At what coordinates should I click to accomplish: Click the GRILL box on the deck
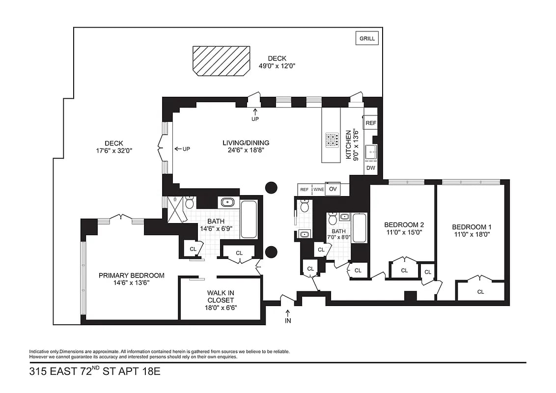click(367, 38)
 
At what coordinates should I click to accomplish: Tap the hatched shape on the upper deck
click(221, 61)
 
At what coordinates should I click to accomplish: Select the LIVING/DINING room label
click(246, 143)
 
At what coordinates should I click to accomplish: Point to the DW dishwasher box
click(371, 168)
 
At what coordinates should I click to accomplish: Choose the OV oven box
click(334, 189)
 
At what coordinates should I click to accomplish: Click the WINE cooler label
click(318, 189)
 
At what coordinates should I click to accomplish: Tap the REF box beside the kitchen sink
click(371, 123)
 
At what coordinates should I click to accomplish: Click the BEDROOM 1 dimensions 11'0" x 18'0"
click(472, 234)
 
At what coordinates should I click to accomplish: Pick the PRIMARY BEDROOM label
click(131, 275)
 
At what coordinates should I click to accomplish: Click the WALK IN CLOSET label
click(220, 297)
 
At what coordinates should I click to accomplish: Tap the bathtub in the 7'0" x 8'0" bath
click(359, 227)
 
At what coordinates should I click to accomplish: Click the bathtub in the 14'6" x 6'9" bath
click(248, 219)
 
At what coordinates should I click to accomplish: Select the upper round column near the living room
click(271, 187)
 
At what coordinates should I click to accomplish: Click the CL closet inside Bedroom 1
click(480, 292)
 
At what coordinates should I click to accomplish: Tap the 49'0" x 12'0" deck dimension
click(277, 66)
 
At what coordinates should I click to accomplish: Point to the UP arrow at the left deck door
click(182, 149)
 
